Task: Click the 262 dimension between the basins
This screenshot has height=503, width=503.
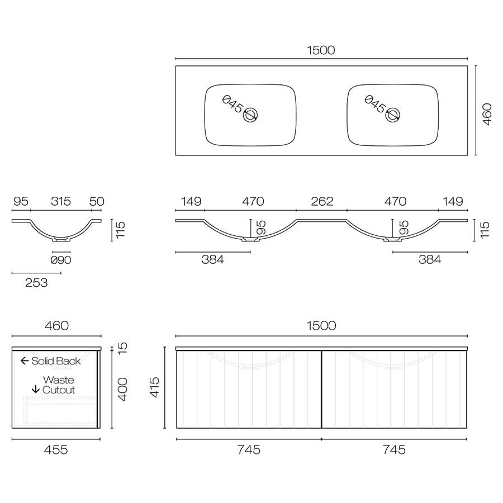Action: (321, 201)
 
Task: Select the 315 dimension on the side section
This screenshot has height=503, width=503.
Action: (61, 201)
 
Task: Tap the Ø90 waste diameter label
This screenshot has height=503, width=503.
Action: (61, 260)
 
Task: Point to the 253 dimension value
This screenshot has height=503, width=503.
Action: (36, 283)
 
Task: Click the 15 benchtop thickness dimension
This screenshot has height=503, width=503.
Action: (124, 347)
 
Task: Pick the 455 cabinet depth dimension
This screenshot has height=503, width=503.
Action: (56, 449)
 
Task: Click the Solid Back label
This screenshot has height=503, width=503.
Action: (56, 361)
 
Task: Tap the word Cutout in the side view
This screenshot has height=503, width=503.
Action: (59, 390)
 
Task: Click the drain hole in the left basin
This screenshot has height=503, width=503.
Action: (250, 115)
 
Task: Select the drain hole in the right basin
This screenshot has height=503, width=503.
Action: (393, 115)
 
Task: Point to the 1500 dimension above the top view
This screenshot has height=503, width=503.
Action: (321, 50)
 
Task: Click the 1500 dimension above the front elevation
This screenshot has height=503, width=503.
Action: (321, 325)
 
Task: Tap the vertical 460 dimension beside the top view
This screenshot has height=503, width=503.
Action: (487, 114)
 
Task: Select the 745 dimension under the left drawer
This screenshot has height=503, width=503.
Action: (249, 449)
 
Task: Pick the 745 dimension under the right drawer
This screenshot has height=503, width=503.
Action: (394, 449)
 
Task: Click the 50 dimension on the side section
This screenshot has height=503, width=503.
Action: (97, 201)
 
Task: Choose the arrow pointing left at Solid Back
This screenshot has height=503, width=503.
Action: (25, 361)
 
